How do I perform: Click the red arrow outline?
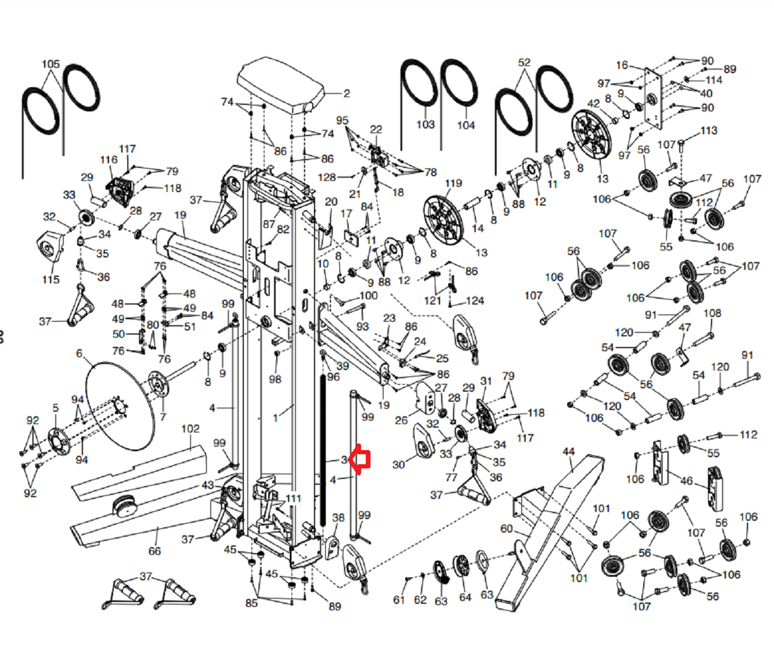click(359, 460)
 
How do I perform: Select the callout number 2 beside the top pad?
click(347, 93)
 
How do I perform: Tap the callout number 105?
click(51, 64)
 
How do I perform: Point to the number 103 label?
click(425, 124)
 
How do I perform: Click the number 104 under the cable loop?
click(466, 125)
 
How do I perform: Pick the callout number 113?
click(709, 130)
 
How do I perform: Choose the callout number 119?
click(454, 183)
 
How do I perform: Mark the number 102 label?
click(190, 429)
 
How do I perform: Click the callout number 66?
click(154, 551)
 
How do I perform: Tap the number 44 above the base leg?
click(568, 452)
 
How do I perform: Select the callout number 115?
click(51, 279)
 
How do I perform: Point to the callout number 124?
click(475, 301)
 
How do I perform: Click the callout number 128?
click(327, 177)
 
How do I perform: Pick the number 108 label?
click(712, 313)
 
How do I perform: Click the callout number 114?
click(714, 80)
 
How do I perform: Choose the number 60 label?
click(507, 528)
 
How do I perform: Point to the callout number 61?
click(399, 599)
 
